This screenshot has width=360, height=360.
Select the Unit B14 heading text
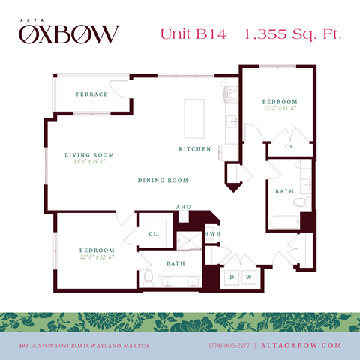(190, 34)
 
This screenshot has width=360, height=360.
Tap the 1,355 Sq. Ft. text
(289, 34)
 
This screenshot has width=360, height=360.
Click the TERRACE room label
(91, 94)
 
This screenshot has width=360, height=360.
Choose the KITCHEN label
(193, 149)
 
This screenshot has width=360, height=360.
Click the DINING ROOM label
(163, 181)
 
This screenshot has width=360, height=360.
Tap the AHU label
(183, 207)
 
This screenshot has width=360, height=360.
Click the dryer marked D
(232, 277)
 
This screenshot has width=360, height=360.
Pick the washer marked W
(247, 277)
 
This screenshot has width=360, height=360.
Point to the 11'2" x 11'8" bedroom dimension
(280, 109)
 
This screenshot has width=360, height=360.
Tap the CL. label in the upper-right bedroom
(290, 147)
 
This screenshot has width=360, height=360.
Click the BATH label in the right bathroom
(284, 191)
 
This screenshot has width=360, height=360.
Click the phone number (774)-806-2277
(229, 345)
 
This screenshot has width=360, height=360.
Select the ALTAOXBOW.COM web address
(301, 345)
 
